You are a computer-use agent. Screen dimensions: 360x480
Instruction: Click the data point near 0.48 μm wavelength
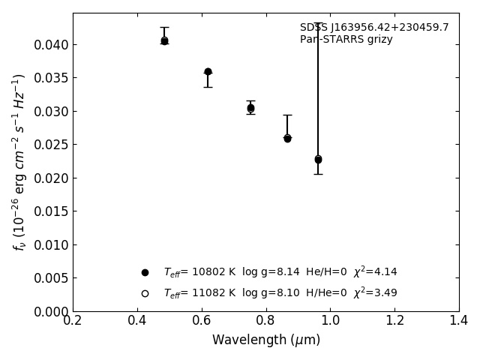164,40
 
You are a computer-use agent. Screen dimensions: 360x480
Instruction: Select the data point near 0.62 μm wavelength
208,72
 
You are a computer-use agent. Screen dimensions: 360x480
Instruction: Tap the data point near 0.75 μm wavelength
250,108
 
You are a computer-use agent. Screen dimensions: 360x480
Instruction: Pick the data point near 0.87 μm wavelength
287,139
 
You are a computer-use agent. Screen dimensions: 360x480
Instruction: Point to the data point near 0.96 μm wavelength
318,159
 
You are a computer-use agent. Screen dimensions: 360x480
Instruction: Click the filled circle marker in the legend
145,272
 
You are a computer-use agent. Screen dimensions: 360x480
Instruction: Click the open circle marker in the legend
145,293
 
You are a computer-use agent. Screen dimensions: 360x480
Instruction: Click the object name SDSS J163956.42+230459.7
374,28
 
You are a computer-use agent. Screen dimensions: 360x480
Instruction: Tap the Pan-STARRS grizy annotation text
346,40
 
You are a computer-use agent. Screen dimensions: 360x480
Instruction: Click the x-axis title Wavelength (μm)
265,340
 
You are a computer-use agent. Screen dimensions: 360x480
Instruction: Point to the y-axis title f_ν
19,161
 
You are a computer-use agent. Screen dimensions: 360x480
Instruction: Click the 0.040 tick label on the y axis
51,45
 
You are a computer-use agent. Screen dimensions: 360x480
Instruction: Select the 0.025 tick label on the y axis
51,145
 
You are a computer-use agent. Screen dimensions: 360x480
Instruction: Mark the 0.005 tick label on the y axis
51,278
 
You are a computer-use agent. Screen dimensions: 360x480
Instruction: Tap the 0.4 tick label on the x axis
137,321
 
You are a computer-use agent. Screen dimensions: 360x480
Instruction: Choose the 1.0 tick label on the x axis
330,321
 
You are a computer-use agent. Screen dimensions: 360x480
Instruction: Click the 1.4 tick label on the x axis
459,321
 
